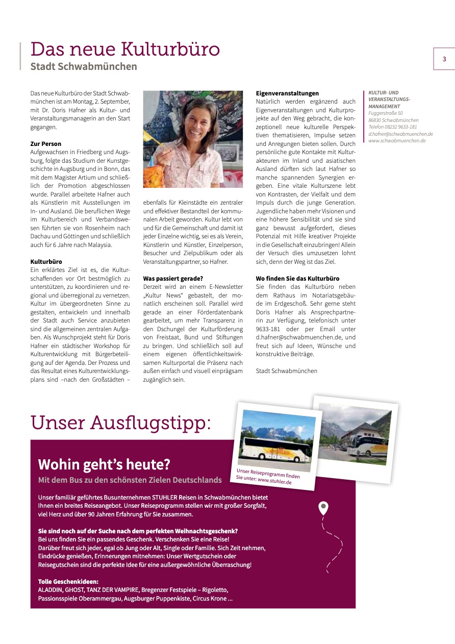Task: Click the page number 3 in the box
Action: pyautogui.click(x=444, y=59)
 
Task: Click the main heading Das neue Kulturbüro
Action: pyautogui.click(x=125, y=49)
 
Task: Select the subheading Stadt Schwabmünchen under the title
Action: pyautogui.click(x=84, y=66)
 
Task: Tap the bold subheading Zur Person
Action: pyautogui.click(x=46, y=144)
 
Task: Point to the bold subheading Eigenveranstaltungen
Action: pyautogui.click(x=287, y=93)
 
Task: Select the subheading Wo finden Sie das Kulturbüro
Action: pyautogui.click(x=297, y=279)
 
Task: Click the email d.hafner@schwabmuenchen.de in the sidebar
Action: pyautogui.click(x=400, y=134)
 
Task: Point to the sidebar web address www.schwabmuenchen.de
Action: pyautogui.click(x=397, y=140)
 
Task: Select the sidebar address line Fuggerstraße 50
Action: pyautogui.click(x=386, y=113)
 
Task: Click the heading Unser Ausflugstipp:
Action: pyautogui.click(x=121, y=423)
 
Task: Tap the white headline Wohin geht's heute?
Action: pyautogui.click(x=104, y=465)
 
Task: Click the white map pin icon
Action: pyautogui.click(x=323, y=508)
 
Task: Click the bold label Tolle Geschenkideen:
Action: pyautogui.click(x=68, y=582)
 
